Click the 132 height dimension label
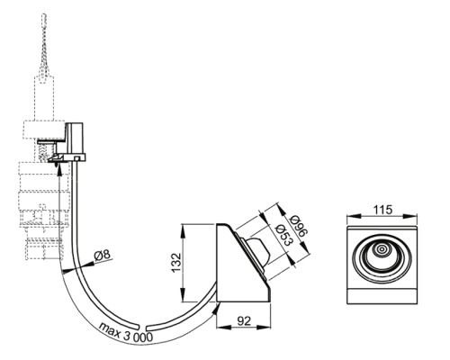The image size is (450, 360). click(x=176, y=263)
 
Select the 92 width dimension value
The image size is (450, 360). click(x=244, y=321)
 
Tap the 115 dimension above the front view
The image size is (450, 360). click(x=382, y=210)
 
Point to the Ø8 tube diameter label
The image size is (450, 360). click(x=102, y=256)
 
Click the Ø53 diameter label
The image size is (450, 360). click(x=283, y=235)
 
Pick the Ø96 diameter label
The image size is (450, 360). click(x=299, y=226)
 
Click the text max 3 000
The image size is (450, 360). click(x=126, y=331)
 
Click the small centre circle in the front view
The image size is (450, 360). click(x=382, y=249)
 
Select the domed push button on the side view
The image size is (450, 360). click(x=258, y=250)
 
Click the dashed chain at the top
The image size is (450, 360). click(x=44, y=45)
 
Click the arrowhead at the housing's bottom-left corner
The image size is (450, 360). click(x=216, y=308)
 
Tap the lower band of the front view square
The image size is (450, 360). click(x=382, y=296)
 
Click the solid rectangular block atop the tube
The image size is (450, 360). click(x=75, y=138)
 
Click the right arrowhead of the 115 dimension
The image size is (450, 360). click(x=411, y=216)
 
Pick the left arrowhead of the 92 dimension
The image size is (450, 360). click(x=221, y=328)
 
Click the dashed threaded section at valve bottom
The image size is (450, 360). click(x=45, y=248)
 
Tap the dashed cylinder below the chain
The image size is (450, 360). click(x=44, y=98)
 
